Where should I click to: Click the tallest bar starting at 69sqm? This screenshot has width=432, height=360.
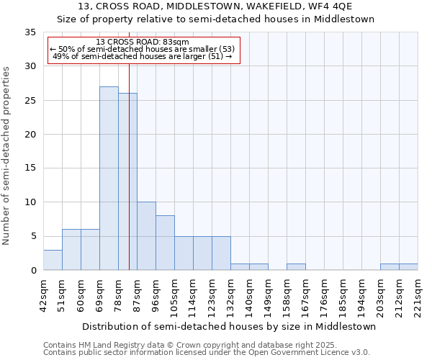click(109, 179)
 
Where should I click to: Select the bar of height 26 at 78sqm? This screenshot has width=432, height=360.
click(127, 181)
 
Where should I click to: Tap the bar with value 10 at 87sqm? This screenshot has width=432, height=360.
click(146, 236)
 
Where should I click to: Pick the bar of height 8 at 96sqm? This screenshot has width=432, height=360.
click(165, 243)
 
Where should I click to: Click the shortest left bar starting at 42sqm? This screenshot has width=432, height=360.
click(53, 260)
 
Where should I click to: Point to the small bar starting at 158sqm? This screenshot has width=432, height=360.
click(296, 267)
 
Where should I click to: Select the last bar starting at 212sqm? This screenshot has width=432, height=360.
click(408, 267)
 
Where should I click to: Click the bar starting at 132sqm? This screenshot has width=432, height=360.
click(240, 267)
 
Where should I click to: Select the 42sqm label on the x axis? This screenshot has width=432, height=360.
click(44, 295)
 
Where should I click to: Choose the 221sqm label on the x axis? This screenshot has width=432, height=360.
click(418, 295)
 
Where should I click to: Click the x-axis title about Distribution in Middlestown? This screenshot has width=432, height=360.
click(229, 326)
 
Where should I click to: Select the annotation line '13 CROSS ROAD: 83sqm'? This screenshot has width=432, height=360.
click(142, 42)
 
